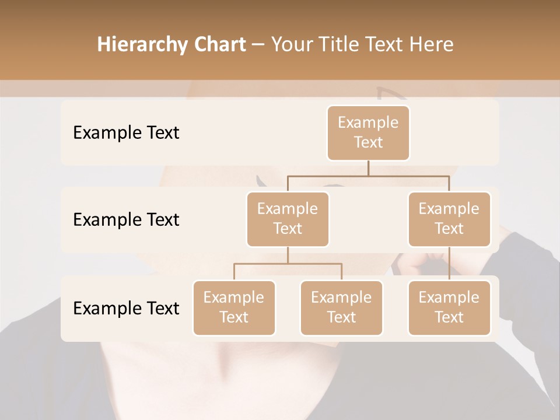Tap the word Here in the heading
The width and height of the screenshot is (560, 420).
point(430,44)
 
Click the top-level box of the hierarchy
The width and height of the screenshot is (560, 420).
point(368,132)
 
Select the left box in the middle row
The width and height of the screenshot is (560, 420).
point(288,219)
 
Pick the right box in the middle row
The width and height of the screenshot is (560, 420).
point(449,219)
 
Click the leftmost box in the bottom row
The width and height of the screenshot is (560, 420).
point(234,307)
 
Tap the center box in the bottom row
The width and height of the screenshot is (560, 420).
point(341,307)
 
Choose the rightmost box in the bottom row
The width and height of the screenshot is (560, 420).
point(449,307)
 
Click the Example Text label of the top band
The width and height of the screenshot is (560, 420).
point(126,132)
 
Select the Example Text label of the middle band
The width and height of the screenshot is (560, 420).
point(126,219)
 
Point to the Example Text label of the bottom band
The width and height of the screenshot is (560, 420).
point(126,308)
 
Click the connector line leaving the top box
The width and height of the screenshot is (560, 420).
point(368,167)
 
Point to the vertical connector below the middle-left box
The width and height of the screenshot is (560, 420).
point(288,255)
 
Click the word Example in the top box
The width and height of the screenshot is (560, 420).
point(368,123)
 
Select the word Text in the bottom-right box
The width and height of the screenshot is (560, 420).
point(449,317)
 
